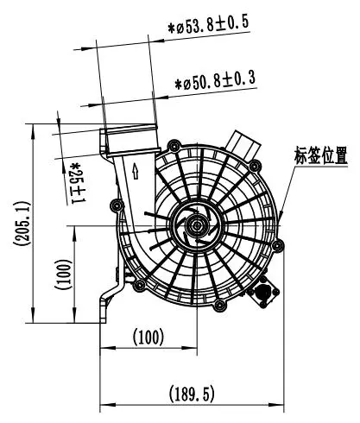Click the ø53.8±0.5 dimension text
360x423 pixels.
[x=208, y=25]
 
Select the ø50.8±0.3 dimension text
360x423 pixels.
[x=215, y=81]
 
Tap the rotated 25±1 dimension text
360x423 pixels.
[x=77, y=183]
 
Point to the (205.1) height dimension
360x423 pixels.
[x=22, y=224]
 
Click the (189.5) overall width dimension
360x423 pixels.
[x=192, y=394]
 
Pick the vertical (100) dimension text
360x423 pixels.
[x=63, y=275]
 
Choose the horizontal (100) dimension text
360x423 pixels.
[x=148, y=338]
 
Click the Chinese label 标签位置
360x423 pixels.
[x=320, y=155]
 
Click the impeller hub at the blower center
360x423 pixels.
[x=197, y=225]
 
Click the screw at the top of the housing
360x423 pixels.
[x=174, y=146]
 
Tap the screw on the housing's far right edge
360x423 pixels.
[x=278, y=245]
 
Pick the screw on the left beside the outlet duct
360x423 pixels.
[x=117, y=205]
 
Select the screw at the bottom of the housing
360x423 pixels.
[x=219, y=305]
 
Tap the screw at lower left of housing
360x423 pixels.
[x=140, y=286]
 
